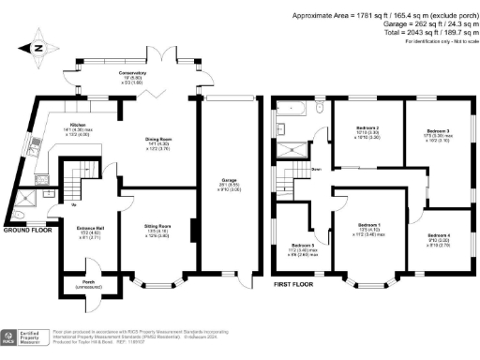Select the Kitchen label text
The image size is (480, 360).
78,126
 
